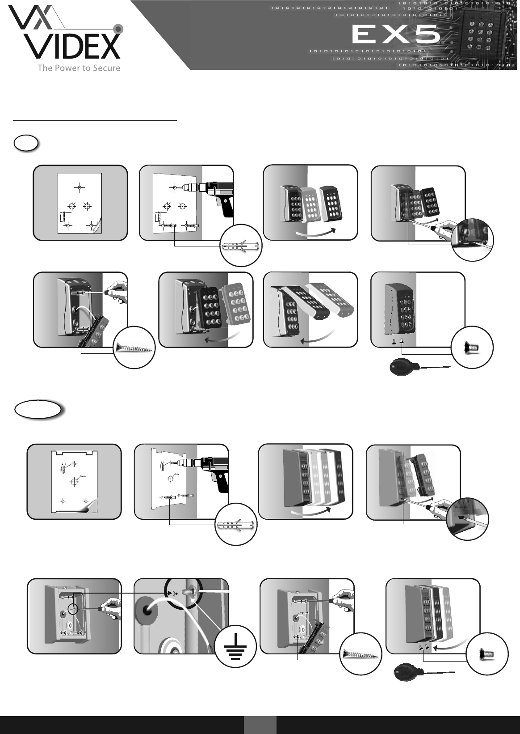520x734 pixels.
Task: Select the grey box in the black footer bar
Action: coord(260,725)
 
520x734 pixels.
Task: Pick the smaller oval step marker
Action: coord(26,144)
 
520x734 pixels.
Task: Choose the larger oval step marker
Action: coord(38,409)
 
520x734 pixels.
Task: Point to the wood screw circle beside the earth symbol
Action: coord(360,654)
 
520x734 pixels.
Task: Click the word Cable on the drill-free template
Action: coord(82,476)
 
